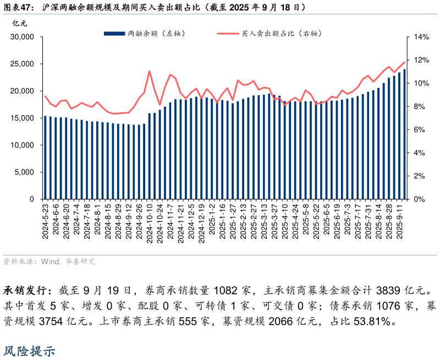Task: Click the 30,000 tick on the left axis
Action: [x=23, y=37]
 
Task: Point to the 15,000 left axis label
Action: [x=23, y=118]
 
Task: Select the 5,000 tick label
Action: [x=25, y=172]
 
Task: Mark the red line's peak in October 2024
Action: [x=150, y=71]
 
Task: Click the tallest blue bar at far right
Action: [x=405, y=134]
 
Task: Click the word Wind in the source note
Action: [x=51, y=261]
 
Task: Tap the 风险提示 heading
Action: [x=30, y=351]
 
